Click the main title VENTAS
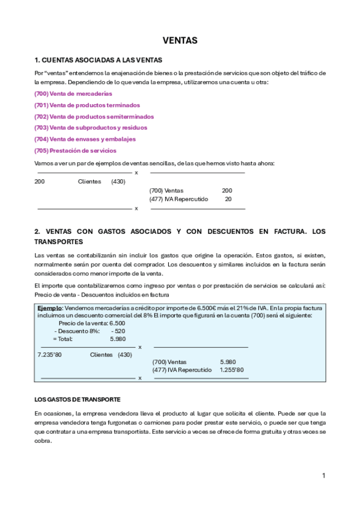pyautogui.click(x=180, y=40)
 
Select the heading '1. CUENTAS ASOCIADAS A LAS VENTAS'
pyautogui.click(x=99, y=60)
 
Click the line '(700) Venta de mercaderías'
pyautogui.click(x=73, y=94)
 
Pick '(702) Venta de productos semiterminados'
pyautogui.click(x=94, y=117)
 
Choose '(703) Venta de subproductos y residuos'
pyautogui.click(x=91, y=127)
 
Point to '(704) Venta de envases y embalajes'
pyautogui.click(x=85, y=139)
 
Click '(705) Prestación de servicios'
pyautogui.click(x=76, y=150)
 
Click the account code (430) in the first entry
pyautogui.click(x=118, y=182)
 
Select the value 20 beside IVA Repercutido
pyautogui.click(x=228, y=198)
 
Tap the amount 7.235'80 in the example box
pyautogui.click(x=49, y=355)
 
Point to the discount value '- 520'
pyautogui.click(x=118, y=331)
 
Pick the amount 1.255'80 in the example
pyautogui.click(x=231, y=370)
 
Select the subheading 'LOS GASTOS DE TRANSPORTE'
pyautogui.click(x=78, y=399)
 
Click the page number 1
pyautogui.click(x=323, y=476)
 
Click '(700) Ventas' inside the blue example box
pyautogui.click(x=169, y=362)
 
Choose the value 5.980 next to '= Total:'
pyautogui.click(x=118, y=339)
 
